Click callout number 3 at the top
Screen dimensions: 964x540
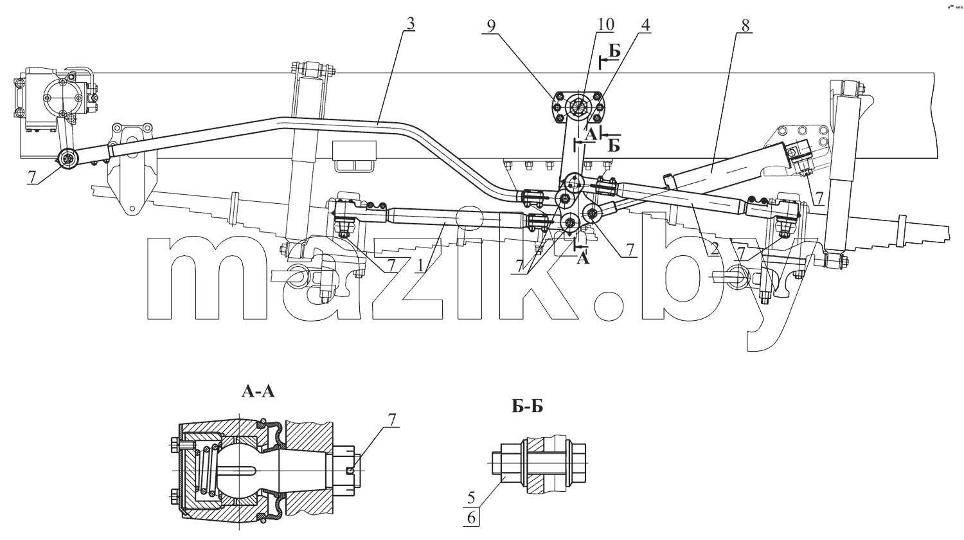pyautogui.click(x=410, y=24)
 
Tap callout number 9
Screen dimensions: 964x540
pyautogui.click(x=491, y=26)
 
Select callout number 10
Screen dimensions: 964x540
pyautogui.click(x=605, y=24)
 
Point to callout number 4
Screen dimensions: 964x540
pyautogui.click(x=645, y=26)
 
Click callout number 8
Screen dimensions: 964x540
pyautogui.click(x=745, y=26)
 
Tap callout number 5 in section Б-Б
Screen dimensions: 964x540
pyautogui.click(x=471, y=498)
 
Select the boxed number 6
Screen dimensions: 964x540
pyautogui.click(x=471, y=517)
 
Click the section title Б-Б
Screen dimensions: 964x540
pyautogui.click(x=527, y=406)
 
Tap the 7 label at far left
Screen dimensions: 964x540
pyautogui.click(x=31, y=177)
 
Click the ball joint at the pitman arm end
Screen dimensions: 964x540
pyautogui.click(x=67, y=160)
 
